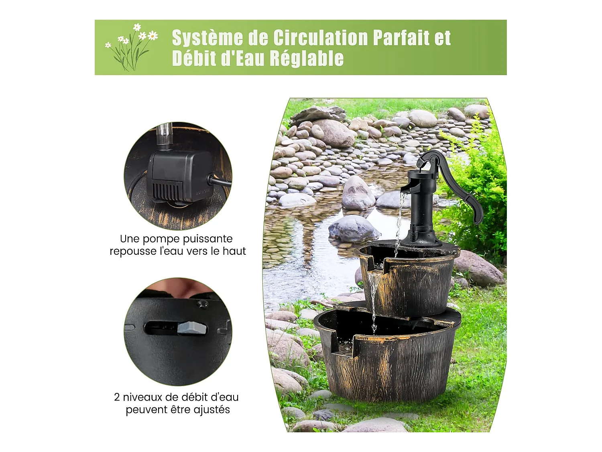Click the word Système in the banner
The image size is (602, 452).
click(x=207, y=38)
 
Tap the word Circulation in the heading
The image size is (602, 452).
click(x=321, y=38)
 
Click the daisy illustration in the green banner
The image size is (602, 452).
click(x=132, y=47)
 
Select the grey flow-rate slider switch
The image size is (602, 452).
click(x=192, y=328)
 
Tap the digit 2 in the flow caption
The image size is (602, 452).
click(x=117, y=397)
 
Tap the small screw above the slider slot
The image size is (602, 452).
click(x=203, y=304)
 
